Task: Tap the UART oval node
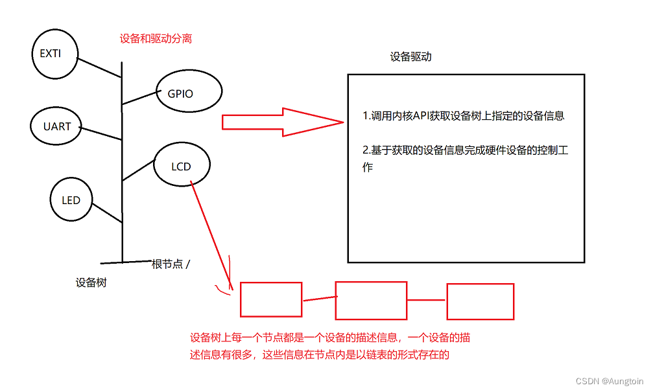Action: click(x=57, y=126)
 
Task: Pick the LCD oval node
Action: click(x=181, y=167)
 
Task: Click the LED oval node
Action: click(x=71, y=200)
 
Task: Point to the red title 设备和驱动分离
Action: click(x=156, y=39)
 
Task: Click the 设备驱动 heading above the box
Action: click(x=410, y=56)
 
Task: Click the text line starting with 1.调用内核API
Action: click(x=463, y=117)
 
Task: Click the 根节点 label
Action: click(x=167, y=264)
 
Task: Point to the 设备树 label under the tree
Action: click(x=91, y=282)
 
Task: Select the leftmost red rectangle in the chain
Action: click(x=271, y=300)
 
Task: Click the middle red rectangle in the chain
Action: click(x=370, y=301)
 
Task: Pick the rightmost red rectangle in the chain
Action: click(x=481, y=301)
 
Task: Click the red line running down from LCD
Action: click(x=211, y=234)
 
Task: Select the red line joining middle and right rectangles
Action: click(x=427, y=300)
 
